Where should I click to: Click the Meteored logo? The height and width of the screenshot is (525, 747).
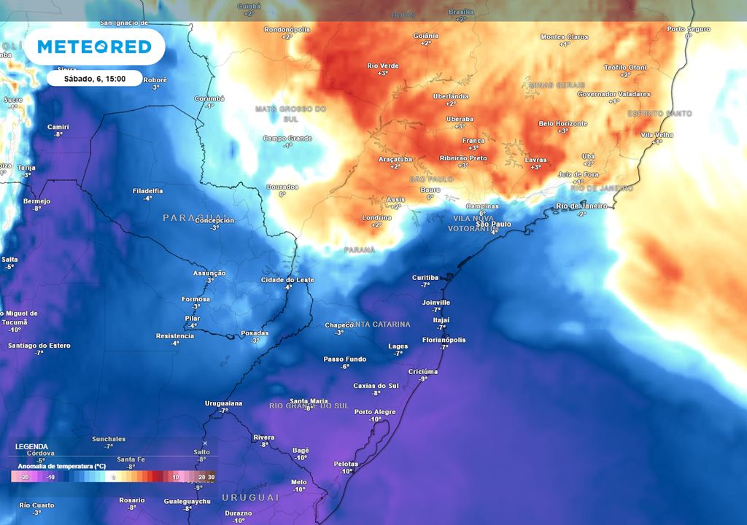coord(94,47)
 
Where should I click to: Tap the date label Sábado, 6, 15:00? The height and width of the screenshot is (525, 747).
coord(94,78)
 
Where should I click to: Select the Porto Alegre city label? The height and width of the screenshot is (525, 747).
coord(375,412)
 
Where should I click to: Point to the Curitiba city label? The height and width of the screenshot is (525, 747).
coord(425,278)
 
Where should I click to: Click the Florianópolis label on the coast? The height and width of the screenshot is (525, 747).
coord(444,340)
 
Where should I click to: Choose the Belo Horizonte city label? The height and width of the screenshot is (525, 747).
coord(562,123)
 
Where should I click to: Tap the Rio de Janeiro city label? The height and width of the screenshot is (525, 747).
coord(581,206)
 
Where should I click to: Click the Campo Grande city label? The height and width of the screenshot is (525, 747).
coord(287,138)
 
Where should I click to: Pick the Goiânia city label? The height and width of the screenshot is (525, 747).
coord(425,36)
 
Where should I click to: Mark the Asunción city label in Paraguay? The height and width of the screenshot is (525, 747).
coord(209,273)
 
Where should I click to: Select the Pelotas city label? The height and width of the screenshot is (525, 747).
coord(346,464)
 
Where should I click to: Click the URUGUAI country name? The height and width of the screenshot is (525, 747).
coord(250,497)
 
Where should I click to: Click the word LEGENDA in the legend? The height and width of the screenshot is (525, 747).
coord(31,446)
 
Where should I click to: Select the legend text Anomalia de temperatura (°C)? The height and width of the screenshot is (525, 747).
coord(62,465)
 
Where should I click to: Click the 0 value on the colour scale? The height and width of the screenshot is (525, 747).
coord(114,477)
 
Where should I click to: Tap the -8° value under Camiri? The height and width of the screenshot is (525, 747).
coord(58,134)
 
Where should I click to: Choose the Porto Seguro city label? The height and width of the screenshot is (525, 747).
coord(688,28)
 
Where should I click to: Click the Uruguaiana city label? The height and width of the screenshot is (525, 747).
coord(223,403)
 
